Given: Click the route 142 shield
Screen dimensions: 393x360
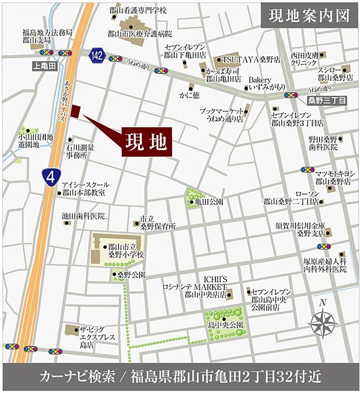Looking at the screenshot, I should [x=97, y=55].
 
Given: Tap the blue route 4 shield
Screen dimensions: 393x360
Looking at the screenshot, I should [x=51, y=176].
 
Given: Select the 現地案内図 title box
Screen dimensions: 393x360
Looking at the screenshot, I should [x=308, y=16].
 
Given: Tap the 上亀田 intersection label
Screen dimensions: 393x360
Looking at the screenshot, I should [x=43, y=67].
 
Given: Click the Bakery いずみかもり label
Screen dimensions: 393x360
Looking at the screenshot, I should [x=266, y=83].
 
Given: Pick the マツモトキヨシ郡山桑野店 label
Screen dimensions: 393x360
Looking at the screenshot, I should [x=332, y=177].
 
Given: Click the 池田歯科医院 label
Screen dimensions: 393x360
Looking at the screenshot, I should [x=84, y=216].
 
